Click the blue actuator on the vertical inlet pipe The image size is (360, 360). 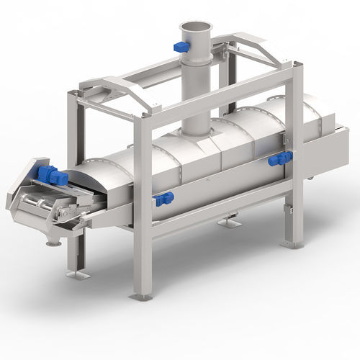181,47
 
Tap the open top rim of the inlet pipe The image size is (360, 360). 194,27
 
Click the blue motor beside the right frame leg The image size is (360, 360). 279,159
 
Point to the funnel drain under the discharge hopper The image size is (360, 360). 53,241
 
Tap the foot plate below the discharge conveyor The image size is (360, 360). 77,274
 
